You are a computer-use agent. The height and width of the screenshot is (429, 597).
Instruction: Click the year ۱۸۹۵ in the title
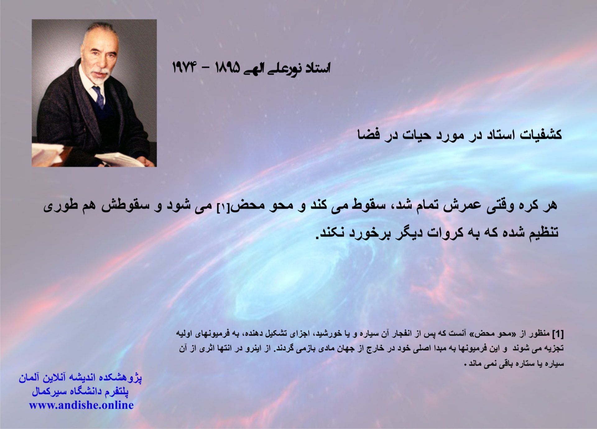(228, 68)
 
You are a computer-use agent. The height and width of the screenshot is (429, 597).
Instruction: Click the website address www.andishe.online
(81, 405)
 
